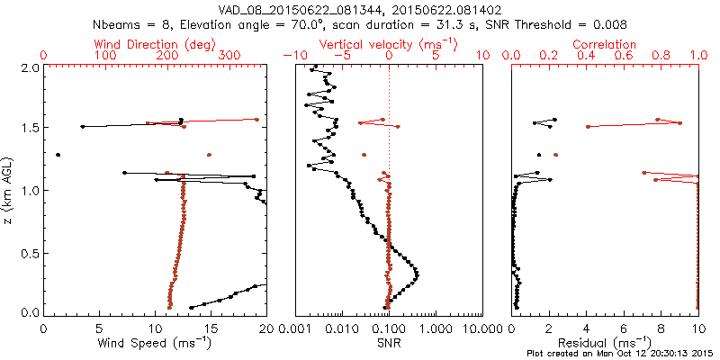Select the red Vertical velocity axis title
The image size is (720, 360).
pos(389,43)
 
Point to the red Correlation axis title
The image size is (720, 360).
pos(607,43)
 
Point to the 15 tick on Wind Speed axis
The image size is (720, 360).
pos(211,328)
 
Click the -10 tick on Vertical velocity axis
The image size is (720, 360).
pos(294,56)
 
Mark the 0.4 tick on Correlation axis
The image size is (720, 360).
pos(587,56)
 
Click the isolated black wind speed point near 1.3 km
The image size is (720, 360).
pos(58,155)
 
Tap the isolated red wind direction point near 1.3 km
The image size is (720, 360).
pos(209,155)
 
